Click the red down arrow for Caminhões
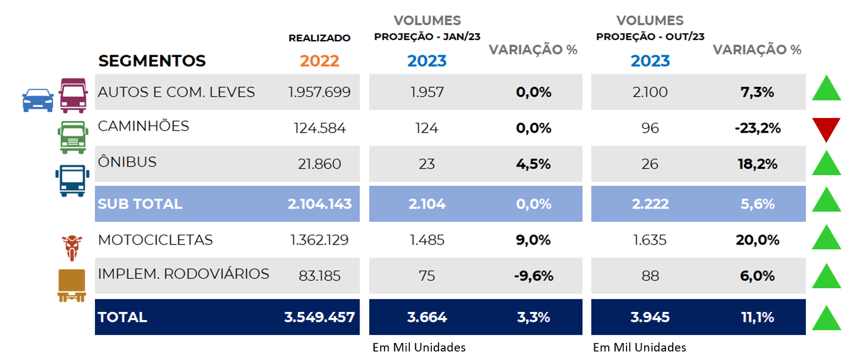[827, 129]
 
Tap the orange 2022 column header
[319, 61]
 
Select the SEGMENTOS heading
[152, 61]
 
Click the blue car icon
[38, 100]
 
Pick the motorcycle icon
[72, 247]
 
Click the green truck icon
[74, 136]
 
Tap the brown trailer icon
[72, 285]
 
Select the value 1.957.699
[319, 92]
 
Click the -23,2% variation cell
[757, 128]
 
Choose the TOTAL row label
[122, 317]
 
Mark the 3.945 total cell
[650, 317]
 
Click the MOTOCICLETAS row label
[155, 240]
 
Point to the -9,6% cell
[532, 275]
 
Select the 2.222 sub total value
[650, 204]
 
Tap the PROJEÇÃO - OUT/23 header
[650, 36]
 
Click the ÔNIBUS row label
[127, 162]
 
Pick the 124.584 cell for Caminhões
[319, 128]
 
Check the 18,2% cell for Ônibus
[757, 164]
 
